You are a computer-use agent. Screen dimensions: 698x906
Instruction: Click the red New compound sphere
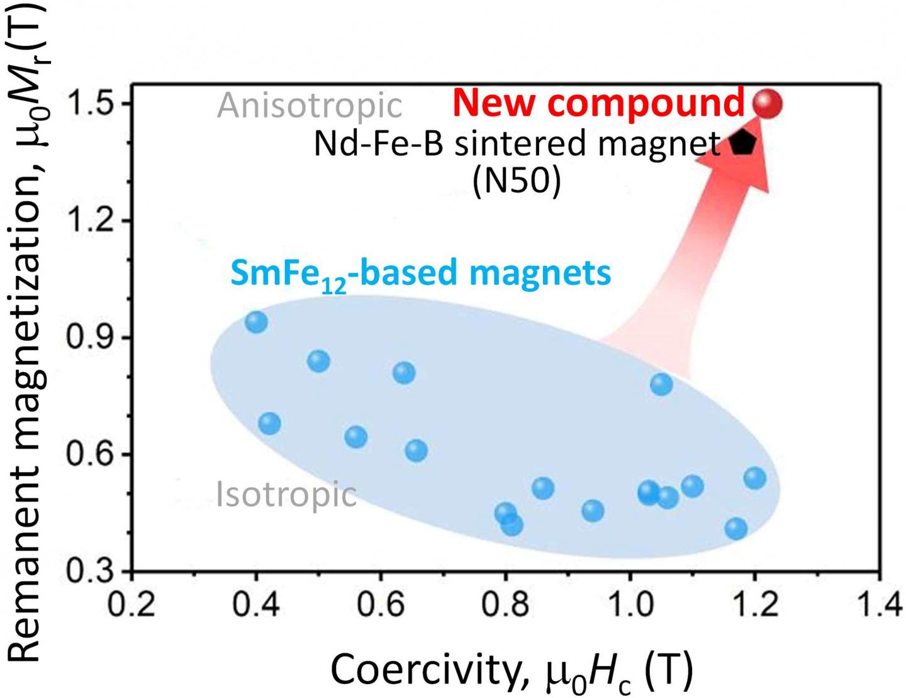768,103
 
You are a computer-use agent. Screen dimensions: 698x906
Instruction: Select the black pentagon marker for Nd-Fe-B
743,143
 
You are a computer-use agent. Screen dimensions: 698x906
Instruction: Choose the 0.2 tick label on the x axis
131,606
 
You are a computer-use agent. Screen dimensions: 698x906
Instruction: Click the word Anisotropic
310,105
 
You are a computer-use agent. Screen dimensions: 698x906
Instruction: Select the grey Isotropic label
286,494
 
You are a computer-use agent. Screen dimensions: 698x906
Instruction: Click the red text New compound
598,102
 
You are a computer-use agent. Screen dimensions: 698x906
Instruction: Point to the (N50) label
516,182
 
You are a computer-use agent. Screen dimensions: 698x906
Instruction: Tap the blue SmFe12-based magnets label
421,274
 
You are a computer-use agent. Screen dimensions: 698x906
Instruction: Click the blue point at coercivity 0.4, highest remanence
256,322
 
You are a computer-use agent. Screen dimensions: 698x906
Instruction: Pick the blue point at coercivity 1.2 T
754,478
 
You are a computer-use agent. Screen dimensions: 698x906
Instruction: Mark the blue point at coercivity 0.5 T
319,361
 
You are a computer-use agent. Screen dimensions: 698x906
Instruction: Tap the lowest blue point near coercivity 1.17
736,528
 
